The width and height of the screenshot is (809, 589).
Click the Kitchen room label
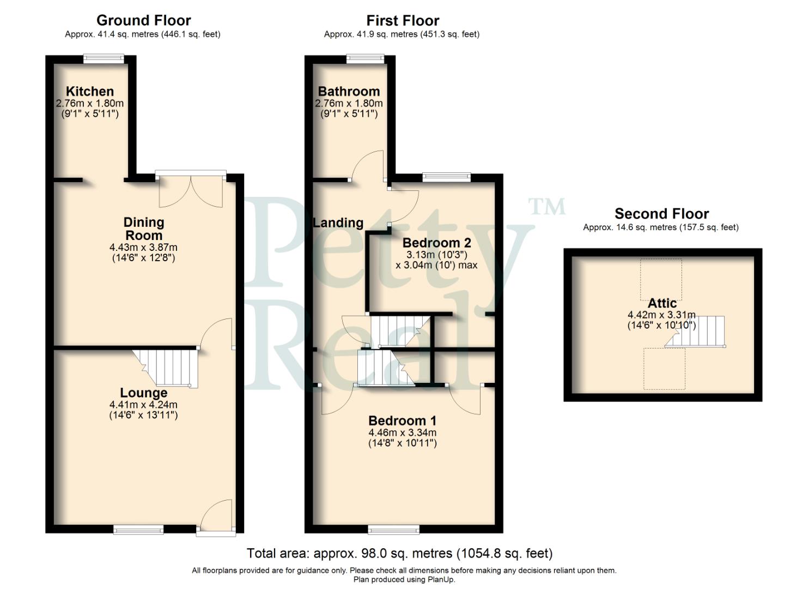point(90,91)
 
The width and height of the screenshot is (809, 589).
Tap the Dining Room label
point(143,229)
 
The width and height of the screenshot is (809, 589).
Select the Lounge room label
point(143,393)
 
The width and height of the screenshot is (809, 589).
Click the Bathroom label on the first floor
point(349,91)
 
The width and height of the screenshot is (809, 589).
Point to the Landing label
point(338,223)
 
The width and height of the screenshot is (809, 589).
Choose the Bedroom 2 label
point(436,243)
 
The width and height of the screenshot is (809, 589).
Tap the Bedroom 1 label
point(402,420)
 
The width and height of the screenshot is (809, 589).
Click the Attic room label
point(662,303)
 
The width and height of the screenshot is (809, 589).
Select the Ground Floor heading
point(143,21)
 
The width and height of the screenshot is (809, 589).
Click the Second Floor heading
point(661,214)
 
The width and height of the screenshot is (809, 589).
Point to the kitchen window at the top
point(104,58)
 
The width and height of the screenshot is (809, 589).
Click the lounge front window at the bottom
point(138,528)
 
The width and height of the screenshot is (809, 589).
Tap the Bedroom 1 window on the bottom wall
point(394,528)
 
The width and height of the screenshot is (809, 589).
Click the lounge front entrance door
point(216,515)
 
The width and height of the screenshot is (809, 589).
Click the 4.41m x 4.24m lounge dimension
point(143,405)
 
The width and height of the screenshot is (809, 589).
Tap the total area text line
point(399,554)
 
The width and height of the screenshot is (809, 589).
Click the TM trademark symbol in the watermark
point(547,206)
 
